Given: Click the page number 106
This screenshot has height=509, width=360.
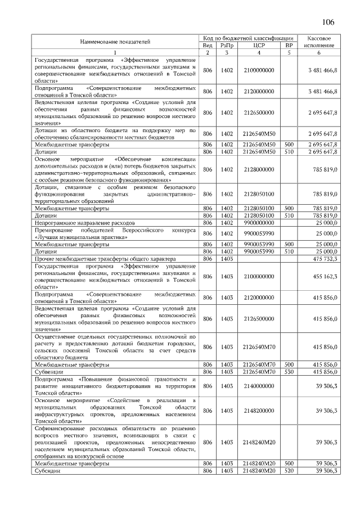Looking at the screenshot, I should (x=328, y=22).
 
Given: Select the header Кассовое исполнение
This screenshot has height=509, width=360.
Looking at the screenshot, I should (x=318, y=41).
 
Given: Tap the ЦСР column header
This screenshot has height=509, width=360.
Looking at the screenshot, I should (x=259, y=45).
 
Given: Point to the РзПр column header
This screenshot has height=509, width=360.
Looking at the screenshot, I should (x=227, y=45).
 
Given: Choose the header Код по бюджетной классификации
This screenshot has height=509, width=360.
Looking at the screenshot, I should (x=248, y=37).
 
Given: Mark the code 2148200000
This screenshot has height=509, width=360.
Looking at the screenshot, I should (x=259, y=411).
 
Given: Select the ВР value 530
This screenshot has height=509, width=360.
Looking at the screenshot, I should (x=289, y=372).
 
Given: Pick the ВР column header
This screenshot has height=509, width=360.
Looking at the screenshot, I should (x=289, y=45).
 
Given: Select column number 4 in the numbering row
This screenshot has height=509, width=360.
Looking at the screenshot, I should (x=259, y=52).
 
